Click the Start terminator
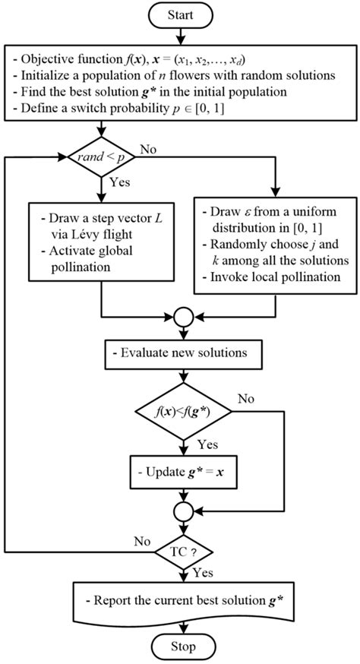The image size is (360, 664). click(x=181, y=14)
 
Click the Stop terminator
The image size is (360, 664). click(x=181, y=647)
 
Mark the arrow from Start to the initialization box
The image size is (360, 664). click(x=181, y=35)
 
